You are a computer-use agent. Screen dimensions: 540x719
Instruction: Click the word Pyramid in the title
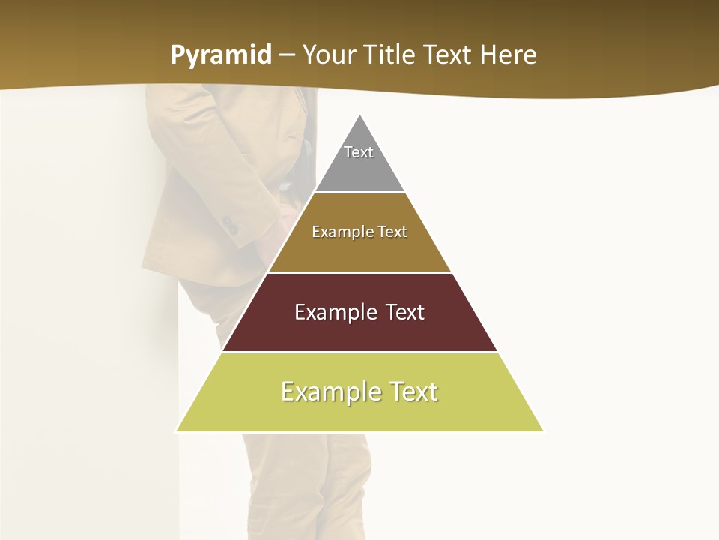click(x=221, y=55)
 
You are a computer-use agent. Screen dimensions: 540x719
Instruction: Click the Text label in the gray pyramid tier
click(x=359, y=152)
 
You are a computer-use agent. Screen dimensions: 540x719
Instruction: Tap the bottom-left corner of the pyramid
click(x=177, y=430)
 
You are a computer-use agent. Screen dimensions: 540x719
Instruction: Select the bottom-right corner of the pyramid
click(x=543, y=430)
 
